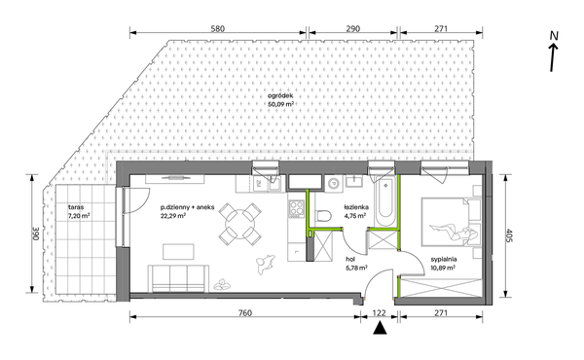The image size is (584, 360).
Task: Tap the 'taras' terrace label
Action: click(x=76, y=207)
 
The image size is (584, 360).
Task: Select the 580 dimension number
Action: click(x=217, y=28)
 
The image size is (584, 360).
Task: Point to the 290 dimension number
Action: click(x=352, y=28)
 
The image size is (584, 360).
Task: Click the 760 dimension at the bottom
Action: click(x=244, y=312)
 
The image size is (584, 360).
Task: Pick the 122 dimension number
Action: click(x=380, y=312)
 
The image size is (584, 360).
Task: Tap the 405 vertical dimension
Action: click(x=509, y=235)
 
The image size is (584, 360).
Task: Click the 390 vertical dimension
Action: click(x=36, y=234)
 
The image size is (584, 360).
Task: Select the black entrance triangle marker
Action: click(x=380, y=328)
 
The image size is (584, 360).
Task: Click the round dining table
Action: click(x=240, y=224)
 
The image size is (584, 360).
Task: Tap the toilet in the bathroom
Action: click(x=323, y=216)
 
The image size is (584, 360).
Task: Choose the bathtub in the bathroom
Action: click(x=385, y=201)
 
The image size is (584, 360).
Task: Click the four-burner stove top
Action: click(x=297, y=208)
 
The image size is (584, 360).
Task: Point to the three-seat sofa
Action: click(x=177, y=278)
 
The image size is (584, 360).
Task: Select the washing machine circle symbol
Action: click(x=334, y=184)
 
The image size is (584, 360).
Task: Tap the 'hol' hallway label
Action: click(x=350, y=260)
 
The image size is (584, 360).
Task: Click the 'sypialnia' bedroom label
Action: click(x=444, y=260)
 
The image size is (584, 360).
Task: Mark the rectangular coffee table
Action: click(x=178, y=252)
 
